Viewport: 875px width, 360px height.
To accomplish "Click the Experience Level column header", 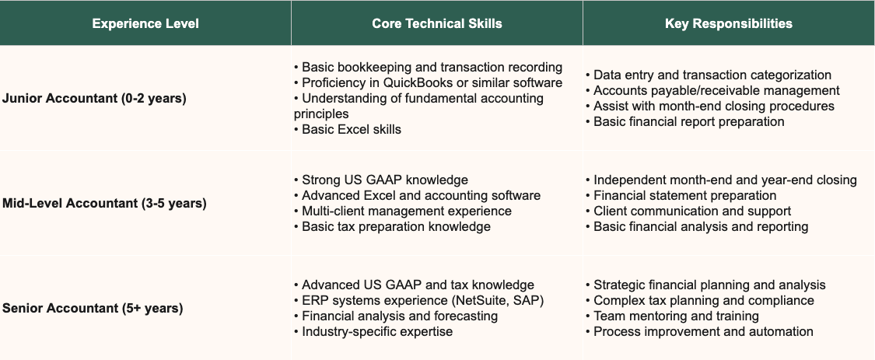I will (145, 23).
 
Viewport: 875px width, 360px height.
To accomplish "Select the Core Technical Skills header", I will (436, 23).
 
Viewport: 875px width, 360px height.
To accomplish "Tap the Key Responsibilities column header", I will (729, 23).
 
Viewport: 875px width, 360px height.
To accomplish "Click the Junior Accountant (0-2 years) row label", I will (94, 99).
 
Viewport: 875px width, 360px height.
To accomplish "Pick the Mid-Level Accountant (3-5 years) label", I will (104, 204).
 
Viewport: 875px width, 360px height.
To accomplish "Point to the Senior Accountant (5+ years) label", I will (93, 309).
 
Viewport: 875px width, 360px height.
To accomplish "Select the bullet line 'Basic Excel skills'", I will (351, 129).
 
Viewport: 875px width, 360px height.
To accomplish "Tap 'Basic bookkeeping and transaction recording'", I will (432, 67).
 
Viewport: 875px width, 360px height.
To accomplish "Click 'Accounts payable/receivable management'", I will (716, 90).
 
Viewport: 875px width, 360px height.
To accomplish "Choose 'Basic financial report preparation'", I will (688, 121).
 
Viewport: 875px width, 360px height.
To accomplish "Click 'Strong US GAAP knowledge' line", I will (384, 180).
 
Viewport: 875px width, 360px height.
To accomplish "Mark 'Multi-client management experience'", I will (406, 211).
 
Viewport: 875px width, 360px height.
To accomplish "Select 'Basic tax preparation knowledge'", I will (396, 226).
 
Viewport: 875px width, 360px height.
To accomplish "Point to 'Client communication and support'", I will (691, 211).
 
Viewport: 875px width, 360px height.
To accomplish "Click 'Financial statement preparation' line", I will (684, 195).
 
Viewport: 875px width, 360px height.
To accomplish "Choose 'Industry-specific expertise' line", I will (376, 331).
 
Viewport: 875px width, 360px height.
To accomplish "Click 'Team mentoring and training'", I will (675, 316).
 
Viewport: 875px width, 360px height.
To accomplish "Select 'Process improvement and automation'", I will (703, 331).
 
